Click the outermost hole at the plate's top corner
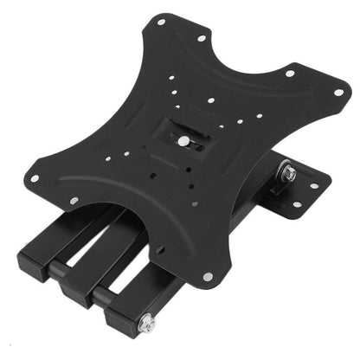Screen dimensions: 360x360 click(161, 18)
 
